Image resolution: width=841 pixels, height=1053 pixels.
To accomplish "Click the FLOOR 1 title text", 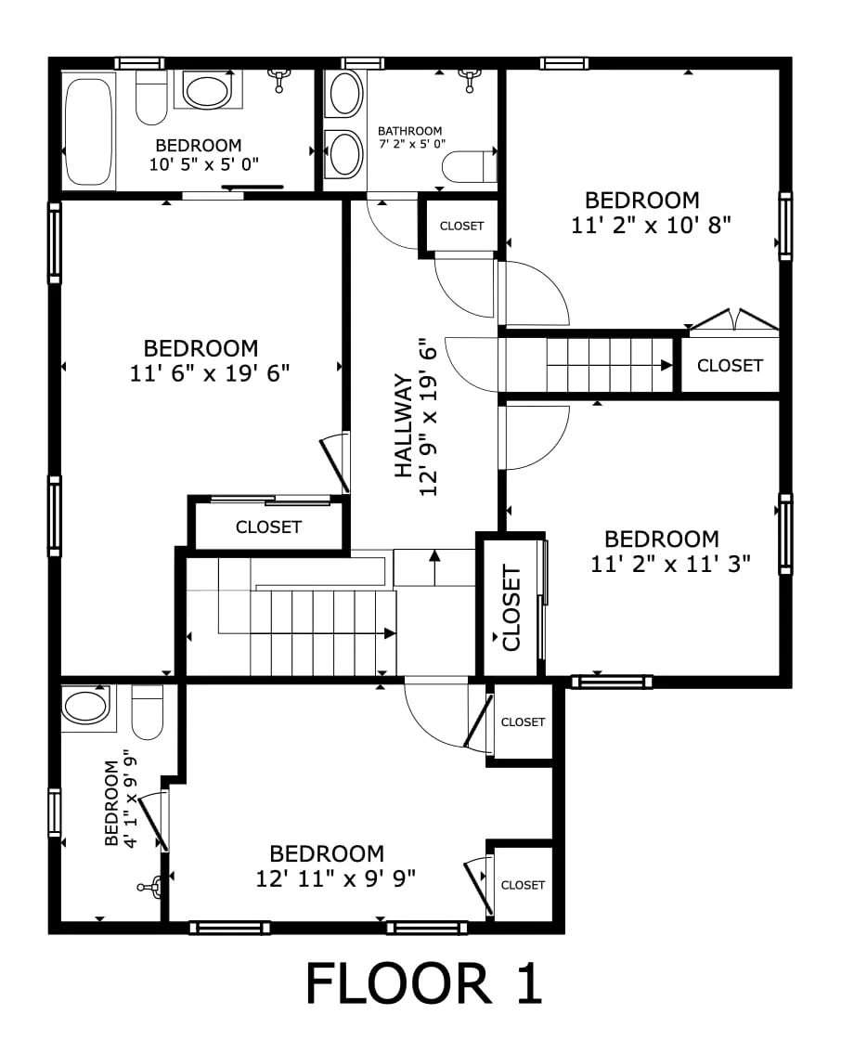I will point(423,984).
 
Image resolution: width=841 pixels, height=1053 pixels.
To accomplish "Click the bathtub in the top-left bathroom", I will point(89,133).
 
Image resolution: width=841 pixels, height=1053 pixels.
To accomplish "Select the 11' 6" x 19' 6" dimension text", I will point(211,373).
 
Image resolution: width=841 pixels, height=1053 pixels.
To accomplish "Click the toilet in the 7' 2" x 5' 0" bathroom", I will point(469,166).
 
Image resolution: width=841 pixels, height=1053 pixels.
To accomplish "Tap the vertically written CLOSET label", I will point(511,607).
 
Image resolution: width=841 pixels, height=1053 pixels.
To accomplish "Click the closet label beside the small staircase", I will point(730,366).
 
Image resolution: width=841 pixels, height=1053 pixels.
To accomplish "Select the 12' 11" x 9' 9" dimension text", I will point(335,877).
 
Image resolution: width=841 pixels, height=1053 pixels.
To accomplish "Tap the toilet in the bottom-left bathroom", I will point(148,713).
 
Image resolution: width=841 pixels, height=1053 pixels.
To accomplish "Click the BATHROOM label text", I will point(409,131).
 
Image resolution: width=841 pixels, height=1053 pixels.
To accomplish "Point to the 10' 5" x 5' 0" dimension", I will point(203,163).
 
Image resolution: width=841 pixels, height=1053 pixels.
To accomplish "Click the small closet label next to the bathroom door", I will point(461,226).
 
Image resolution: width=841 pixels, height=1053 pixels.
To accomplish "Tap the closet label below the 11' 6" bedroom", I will point(268,527).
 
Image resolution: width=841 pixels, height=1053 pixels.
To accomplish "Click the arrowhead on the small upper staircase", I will point(666,366).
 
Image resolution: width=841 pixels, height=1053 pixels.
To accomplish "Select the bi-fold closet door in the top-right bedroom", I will point(733,320).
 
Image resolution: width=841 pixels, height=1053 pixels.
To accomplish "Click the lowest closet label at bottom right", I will point(523,885).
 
